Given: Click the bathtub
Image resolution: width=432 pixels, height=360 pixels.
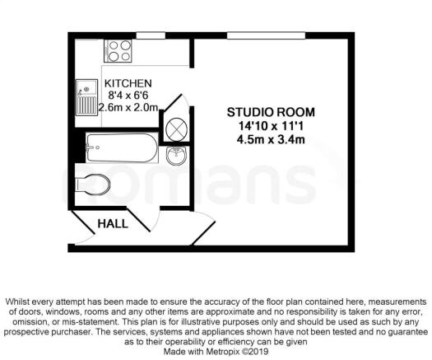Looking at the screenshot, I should point(120,149).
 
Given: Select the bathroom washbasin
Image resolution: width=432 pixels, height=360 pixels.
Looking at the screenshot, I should point(174,156).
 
